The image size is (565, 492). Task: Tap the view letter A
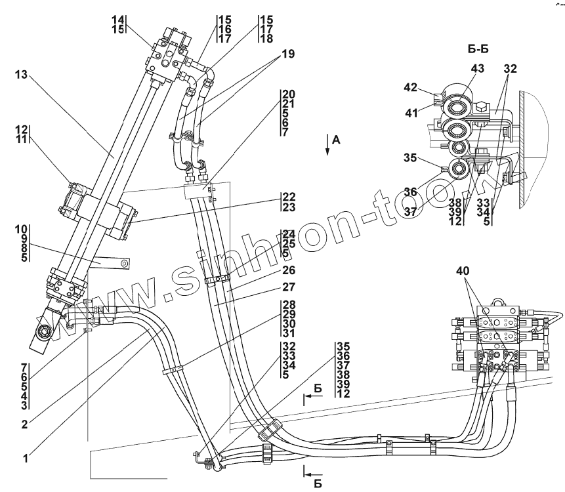[335, 139]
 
